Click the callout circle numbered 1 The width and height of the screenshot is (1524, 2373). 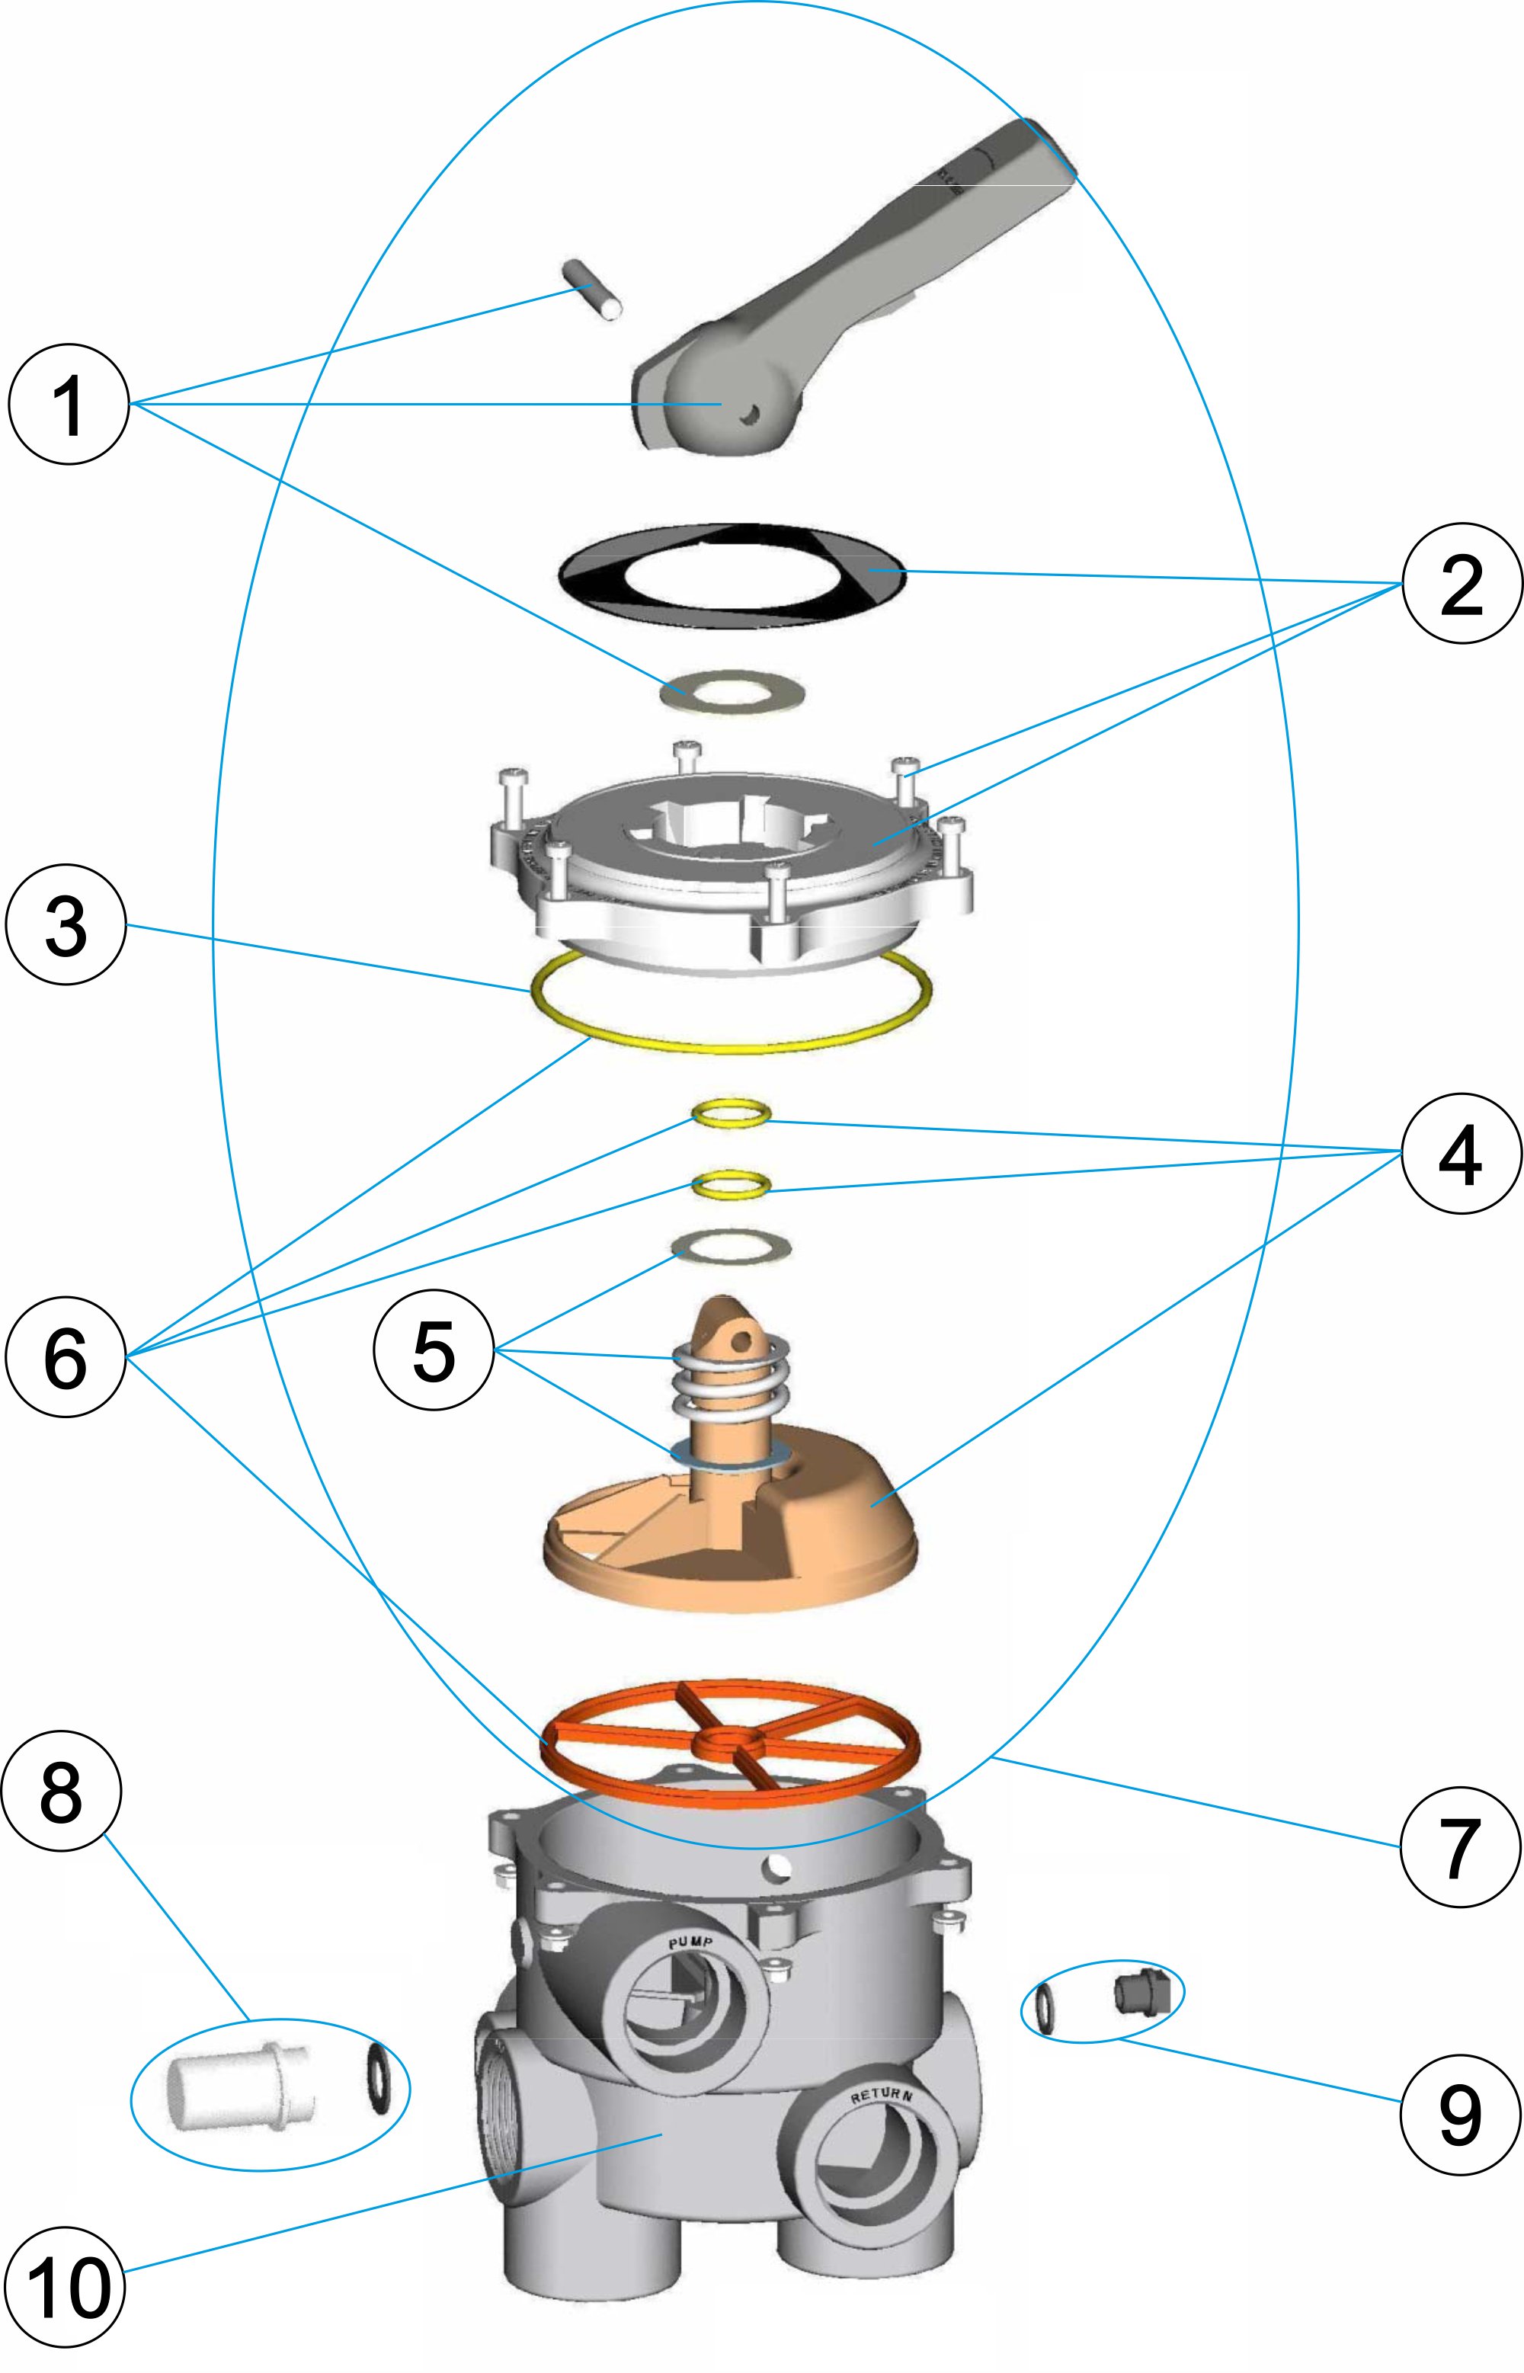click(69, 404)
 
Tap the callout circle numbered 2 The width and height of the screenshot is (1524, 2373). click(1462, 583)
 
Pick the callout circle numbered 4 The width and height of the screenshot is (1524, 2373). click(1461, 1154)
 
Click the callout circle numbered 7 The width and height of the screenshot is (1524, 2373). click(1461, 1847)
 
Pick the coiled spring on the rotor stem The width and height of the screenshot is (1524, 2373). click(729, 1378)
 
